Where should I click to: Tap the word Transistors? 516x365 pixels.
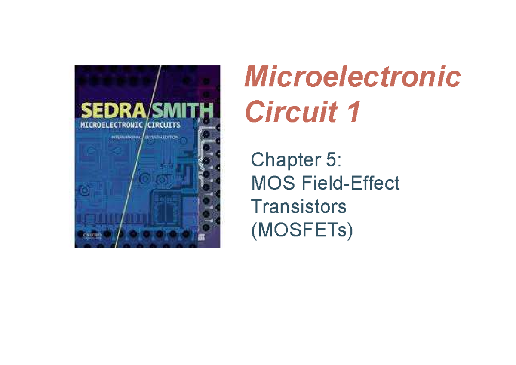click(x=299, y=207)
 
